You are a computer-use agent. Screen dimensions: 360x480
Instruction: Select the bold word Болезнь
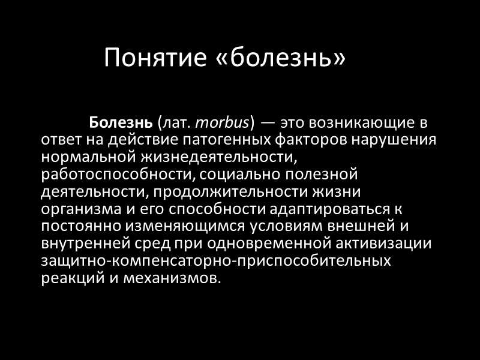[121, 124]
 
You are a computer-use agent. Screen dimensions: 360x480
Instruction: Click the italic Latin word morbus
[222, 124]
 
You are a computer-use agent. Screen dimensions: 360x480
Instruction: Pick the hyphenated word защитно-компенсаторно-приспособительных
[216, 262]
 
